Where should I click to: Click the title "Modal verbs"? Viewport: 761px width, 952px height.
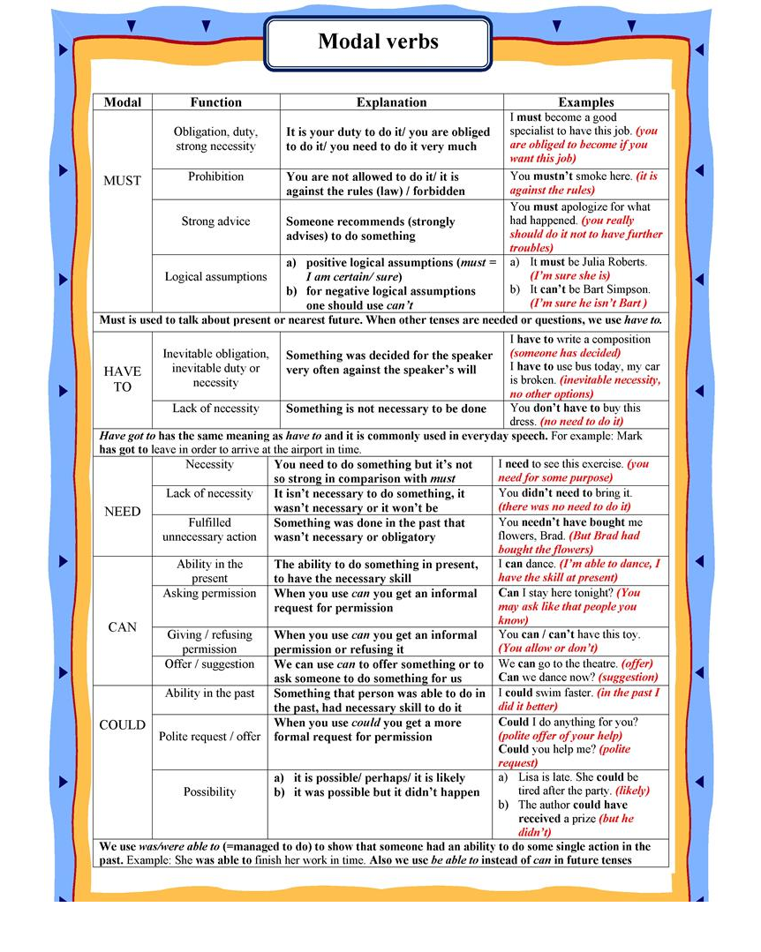pyautogui.click(x=378, y=41)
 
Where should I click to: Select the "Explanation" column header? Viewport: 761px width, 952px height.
pyautogui.click(x=391, y=102)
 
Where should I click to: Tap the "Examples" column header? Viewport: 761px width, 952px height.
pyautogui.click(x=585, y=102)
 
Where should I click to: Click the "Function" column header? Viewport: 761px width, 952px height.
pyautogui.click(x=215, y=102)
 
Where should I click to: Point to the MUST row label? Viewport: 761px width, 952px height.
pyautogui.click(x=122, y=181)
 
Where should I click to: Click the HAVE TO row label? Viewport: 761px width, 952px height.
pyautogui.click(x=122, y=379)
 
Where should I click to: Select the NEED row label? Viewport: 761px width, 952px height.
pyautogui.click(x=122, y=512)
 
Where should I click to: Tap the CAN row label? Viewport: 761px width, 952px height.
pyautogui.click(x=122, y=627)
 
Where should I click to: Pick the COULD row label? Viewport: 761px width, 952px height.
pyautogui.click(x=122, y=725)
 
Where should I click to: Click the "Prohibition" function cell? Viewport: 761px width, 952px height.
pyautogui.click(x=215, y=176)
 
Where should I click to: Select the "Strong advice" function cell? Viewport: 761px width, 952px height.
pyautogui.click(x=215, y=221)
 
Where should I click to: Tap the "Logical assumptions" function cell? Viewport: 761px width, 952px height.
pyautogui.click(x=215, y=277)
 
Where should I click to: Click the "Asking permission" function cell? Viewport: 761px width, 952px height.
pyautogui.click(x=209, y=594)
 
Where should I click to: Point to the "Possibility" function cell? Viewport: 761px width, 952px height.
pyautogui.click(x=209, y=792)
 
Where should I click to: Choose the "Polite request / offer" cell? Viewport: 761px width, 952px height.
pyautogui.click(x=209, y=737)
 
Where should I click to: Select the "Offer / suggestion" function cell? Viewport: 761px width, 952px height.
pyautogui.click(x=209, y=664)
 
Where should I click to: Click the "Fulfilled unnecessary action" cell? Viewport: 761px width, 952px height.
pyautogui.click(x=209, y=530)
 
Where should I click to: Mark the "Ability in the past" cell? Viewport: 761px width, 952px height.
pyautogui.click(x=209, y=693)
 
